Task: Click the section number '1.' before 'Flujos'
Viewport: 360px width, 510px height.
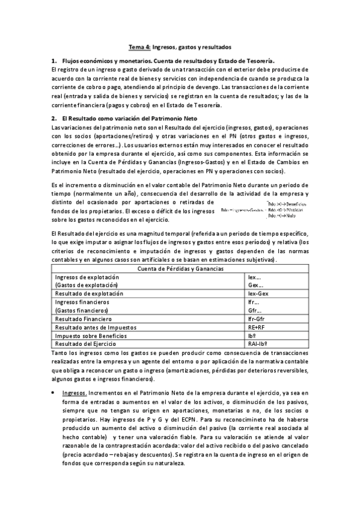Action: (54, 61)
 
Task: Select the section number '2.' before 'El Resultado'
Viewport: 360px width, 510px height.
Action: (54, 118)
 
